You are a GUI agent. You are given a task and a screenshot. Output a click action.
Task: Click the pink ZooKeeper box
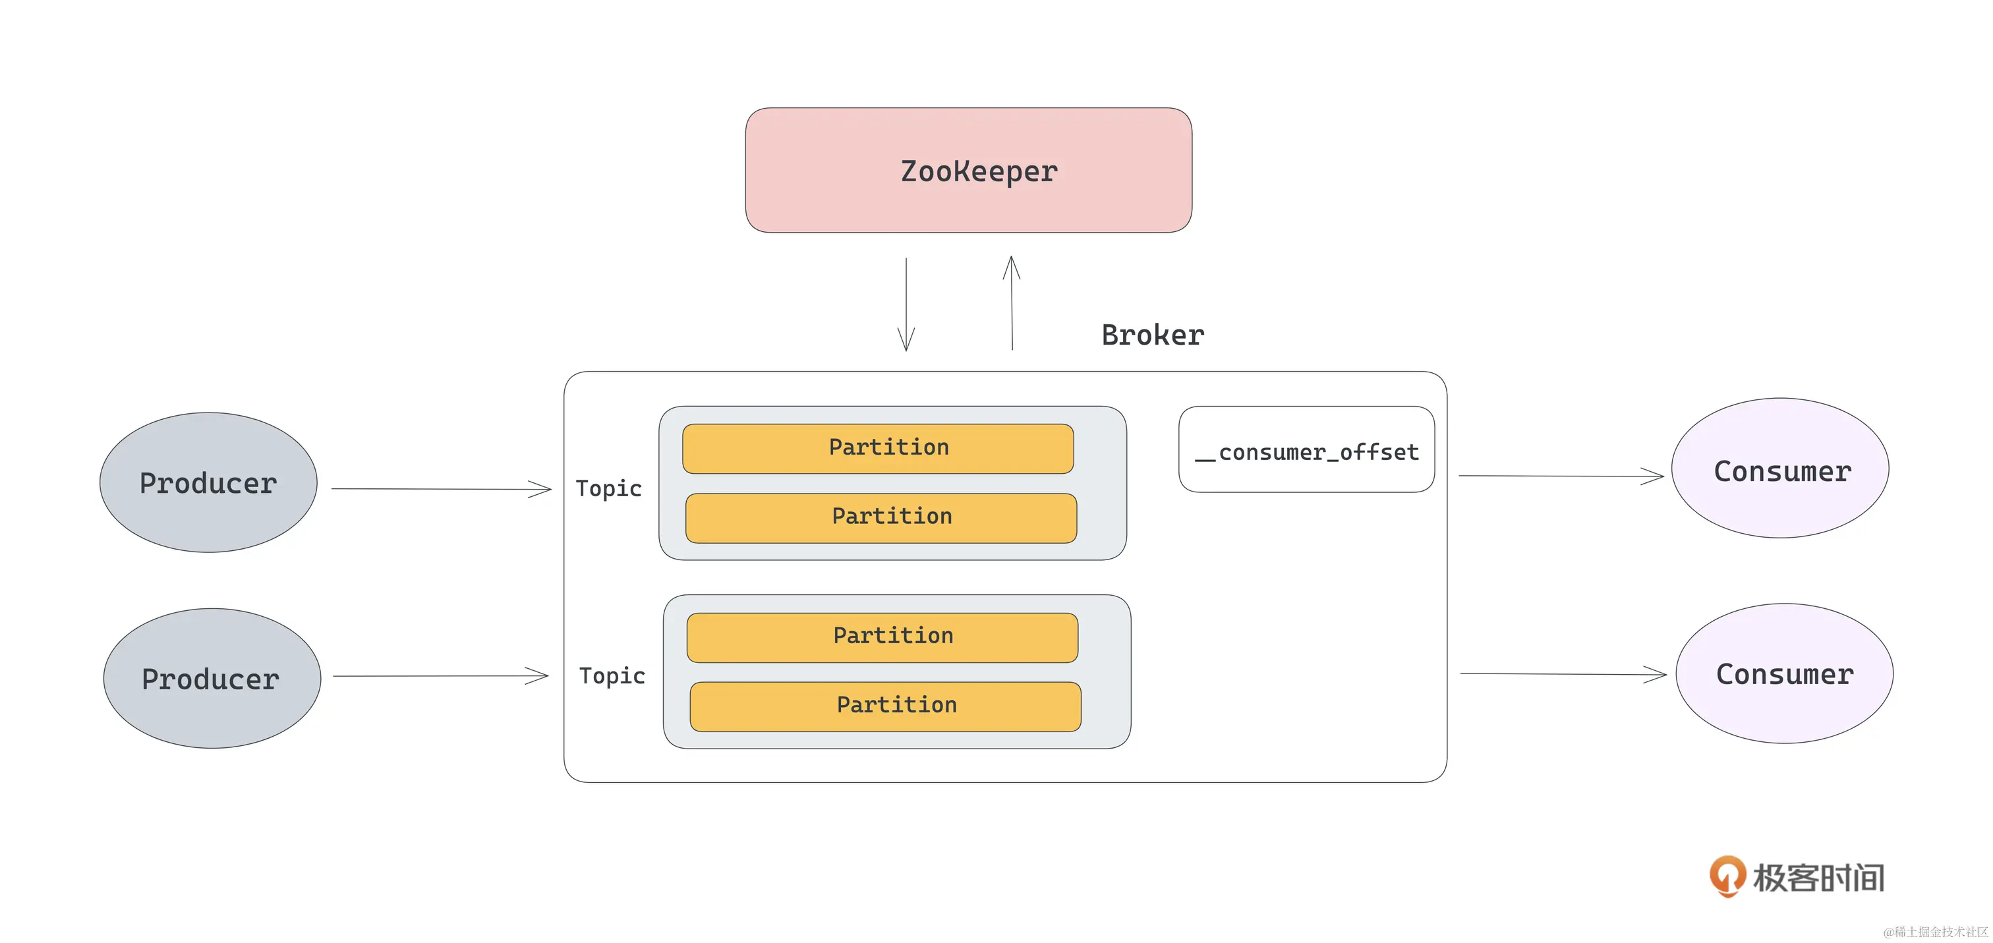point(968,170)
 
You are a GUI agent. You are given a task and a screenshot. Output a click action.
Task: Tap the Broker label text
point(1152,335)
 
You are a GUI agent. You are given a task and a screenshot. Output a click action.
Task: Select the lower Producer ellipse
point(211,679)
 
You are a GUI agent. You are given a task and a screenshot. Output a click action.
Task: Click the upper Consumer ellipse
point(1779,469)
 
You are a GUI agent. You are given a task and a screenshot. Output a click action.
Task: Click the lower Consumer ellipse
point(1783,673)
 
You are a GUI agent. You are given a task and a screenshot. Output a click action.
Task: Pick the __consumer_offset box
point(1306,449)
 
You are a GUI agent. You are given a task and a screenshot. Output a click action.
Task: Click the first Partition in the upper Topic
point(877,448)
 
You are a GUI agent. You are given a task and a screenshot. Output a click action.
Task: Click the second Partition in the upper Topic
point(881,517)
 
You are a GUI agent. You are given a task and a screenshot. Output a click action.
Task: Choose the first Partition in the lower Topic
point(882,637)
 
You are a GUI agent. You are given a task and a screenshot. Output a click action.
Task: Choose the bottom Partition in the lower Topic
point(885,706)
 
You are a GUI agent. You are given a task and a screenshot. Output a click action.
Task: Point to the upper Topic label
point(609,488)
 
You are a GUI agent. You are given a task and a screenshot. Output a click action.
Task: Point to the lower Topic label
point(612,675)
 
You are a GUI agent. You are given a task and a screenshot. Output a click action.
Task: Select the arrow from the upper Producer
point(441,489)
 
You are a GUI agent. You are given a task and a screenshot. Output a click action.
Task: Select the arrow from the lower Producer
point(440,676)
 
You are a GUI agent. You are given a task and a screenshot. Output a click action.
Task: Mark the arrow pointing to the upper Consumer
point(1561,476)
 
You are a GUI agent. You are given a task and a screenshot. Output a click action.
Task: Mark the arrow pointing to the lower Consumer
point(1563,673)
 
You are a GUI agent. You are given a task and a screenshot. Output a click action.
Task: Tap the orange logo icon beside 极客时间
point(1727,876)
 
